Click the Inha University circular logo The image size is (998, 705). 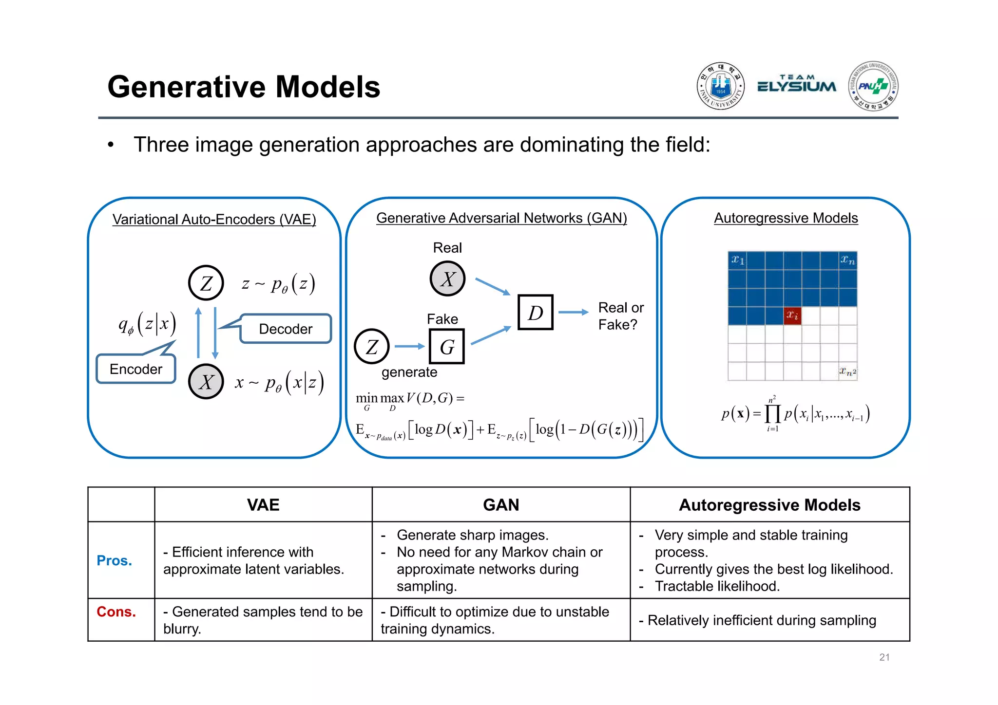[720, 86]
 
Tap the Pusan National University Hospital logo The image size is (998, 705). [873, 86]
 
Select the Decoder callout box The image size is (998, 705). [286, 329]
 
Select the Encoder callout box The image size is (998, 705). [135, 369]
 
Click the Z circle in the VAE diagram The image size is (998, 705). [206, 283]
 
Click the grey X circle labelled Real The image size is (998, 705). [447, 279]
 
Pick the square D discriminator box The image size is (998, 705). [535, 313]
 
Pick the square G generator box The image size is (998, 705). [446, 347]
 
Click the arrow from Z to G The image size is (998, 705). [409, 346]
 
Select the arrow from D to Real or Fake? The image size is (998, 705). [573, 312]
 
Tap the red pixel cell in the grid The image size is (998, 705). [792, 316]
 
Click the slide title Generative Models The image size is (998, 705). [244, 87]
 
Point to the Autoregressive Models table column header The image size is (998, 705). [769, 505]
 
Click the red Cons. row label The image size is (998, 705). [116, 612]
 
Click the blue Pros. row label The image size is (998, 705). [114, 560]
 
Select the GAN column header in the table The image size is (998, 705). [501, 505]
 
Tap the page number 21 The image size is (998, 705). [884, 657]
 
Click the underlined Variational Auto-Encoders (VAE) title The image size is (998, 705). [214, 219]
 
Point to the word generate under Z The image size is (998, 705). [409, 372]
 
